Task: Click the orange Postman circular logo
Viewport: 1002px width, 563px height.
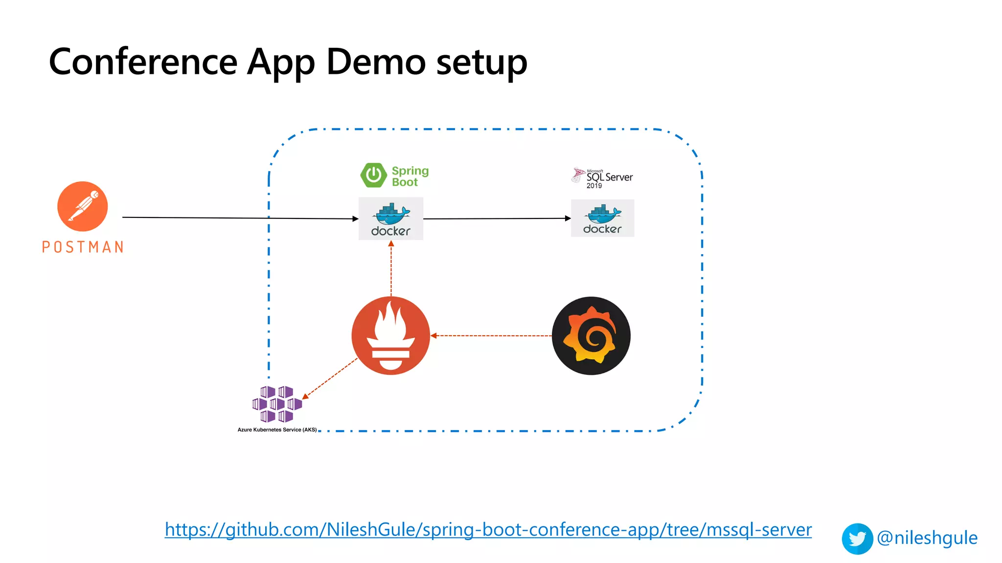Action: tap(82, 206)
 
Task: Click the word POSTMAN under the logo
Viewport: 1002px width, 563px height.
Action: tap(83, 247)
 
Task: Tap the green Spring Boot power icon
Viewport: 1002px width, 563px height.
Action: tap(373, 175)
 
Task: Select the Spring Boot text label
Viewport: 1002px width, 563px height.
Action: tap(410, 176)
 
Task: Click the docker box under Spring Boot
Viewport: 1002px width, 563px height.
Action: tap(390, 219)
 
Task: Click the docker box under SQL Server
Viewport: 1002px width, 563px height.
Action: tap(602, 218)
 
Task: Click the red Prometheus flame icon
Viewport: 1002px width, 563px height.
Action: tap(390, 336)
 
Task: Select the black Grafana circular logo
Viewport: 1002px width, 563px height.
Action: tap(591, 336)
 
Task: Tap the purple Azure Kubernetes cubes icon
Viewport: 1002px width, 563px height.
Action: tap(276, 404)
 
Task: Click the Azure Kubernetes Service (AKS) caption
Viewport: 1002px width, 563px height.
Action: tap(277, 430)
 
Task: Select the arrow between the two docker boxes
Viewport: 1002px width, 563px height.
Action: tap(497, 218)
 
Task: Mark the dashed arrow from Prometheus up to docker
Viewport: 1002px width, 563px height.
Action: tap(391, 269)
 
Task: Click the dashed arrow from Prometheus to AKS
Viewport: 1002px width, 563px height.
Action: tap(330, 379)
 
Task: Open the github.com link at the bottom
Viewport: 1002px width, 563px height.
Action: tap(488, 530)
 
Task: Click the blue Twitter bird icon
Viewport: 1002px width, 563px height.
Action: tap(857, 539)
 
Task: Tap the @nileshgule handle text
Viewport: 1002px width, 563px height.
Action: tap(927, 538)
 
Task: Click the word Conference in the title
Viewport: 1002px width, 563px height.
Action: tap(143, 62)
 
